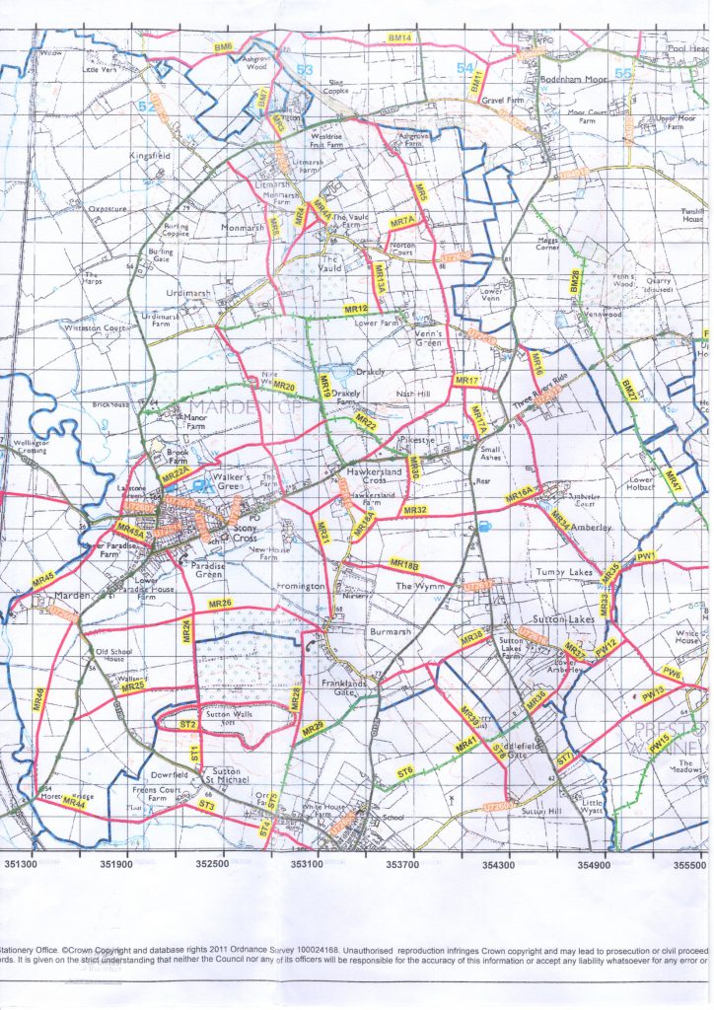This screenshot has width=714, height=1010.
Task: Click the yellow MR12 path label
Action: tap(356, 310)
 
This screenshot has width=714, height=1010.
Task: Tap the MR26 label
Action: tap(220, 603)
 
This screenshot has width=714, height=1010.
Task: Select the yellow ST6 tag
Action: tap(404, 772)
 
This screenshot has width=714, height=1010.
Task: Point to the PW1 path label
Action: tap(647, 557)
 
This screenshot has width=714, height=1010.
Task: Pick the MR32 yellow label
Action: tap(415, 510)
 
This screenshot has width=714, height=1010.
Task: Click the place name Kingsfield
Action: tap(149, 156)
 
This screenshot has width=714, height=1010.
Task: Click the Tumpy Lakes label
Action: tap(565, 572)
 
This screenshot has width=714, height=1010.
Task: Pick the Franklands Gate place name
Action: tap(344, 687)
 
